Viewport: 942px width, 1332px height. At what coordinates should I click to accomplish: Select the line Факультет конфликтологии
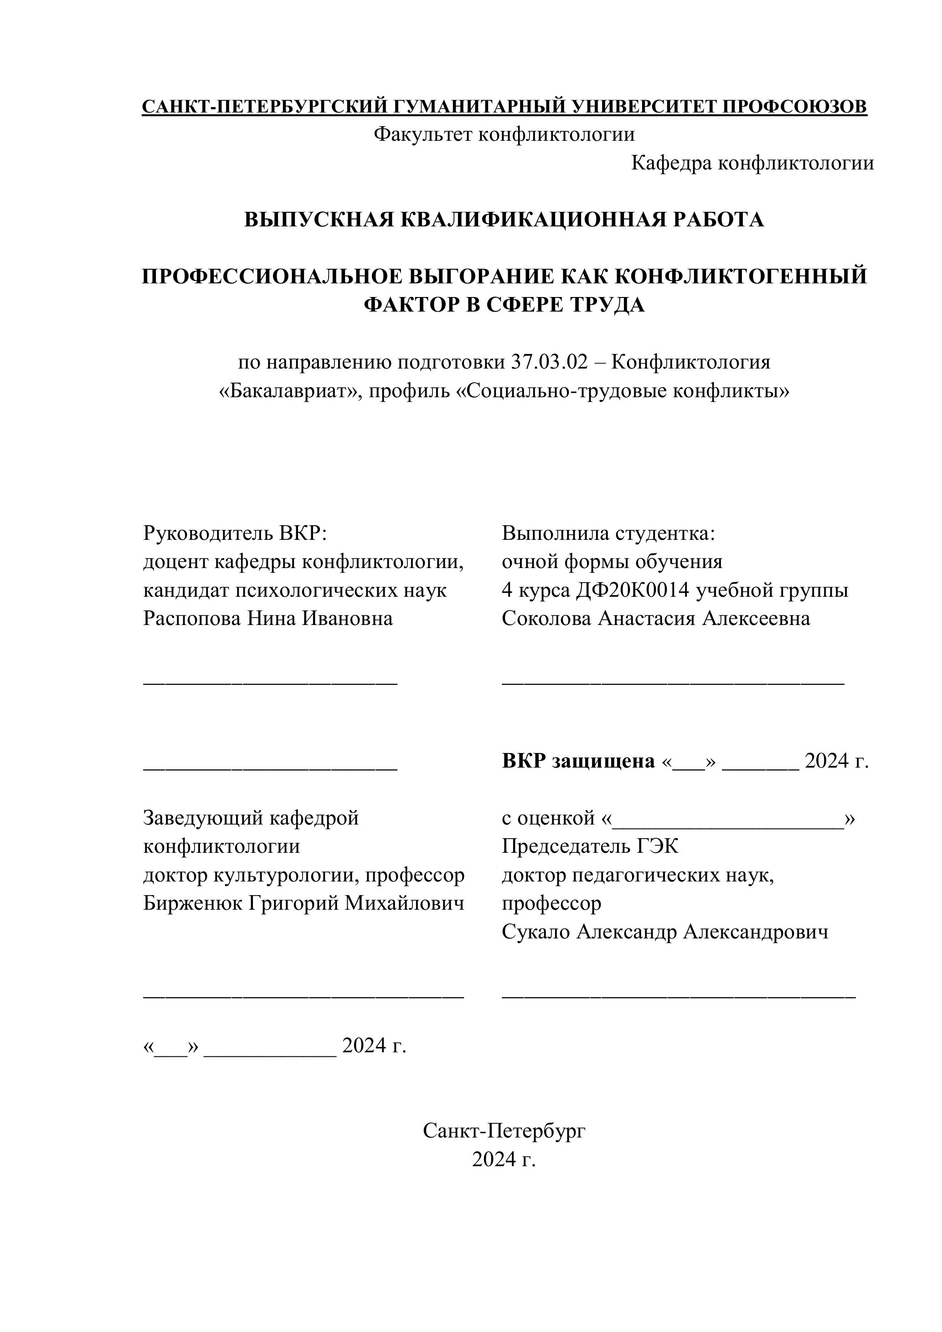pyautogui.click(x=504, y=134)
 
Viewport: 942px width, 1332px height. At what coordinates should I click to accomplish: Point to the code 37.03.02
pyautogui.click(x=549, y=363)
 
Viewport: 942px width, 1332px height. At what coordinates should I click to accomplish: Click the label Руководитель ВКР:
pyautogui.click(x=235, y=533)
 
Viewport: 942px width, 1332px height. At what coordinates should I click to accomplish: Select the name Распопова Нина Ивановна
pyautogui.click(x=268, y=619)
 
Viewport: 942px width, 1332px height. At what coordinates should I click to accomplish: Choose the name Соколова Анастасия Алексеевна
pyautogui.click(x=656, y=619)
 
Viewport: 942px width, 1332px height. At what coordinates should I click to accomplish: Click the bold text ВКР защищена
pyautogui.click(x=578, y=761)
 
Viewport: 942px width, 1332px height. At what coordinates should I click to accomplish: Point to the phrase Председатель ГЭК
pyautogui.click(x=590, y=846)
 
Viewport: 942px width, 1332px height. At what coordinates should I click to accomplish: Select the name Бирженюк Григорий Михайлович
pyautogui.click(x=304, y=903)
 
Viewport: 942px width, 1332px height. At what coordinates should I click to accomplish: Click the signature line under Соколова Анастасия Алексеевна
pyautogui.click(x=673, y=685)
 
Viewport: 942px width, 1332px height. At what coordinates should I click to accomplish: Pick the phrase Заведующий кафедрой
pyautogui.click(x=251, y=818)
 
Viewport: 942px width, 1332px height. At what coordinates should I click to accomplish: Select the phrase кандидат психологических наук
pyautogui.click(x=295, y=590)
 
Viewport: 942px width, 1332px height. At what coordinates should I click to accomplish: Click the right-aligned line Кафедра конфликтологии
pyautogui.click(x=752, y=164)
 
